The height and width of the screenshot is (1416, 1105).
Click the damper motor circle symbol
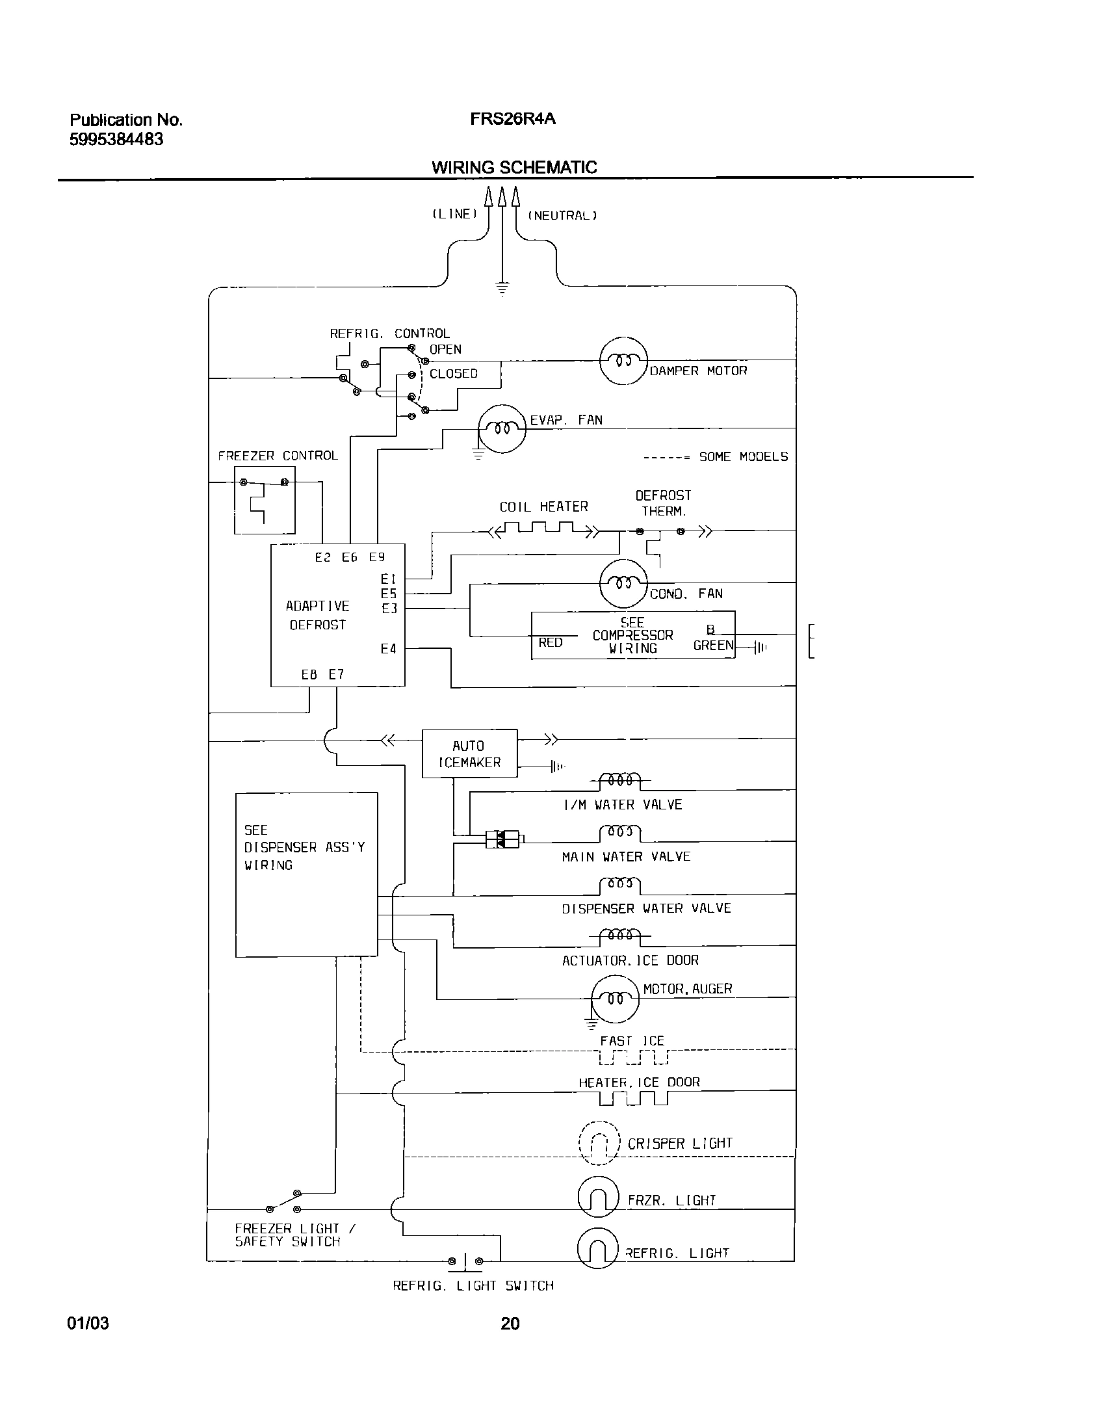[623, 361]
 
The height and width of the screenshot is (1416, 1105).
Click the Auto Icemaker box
[469, 754]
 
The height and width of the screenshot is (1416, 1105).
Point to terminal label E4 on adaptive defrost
[388, 649]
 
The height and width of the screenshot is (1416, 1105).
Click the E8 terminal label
[309, 675]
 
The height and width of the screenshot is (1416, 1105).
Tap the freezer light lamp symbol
[598, 1196]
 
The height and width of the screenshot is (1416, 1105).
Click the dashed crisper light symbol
[598, 1142]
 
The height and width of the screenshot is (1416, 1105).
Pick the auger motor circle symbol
[615, 999]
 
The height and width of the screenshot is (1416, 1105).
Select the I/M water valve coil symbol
[620, 780]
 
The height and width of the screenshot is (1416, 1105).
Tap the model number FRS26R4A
[513, 120]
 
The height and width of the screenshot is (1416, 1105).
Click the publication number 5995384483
[116, 139]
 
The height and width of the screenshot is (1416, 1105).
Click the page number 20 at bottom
[510, 1323]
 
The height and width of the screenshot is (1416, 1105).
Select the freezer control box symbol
[264, 499]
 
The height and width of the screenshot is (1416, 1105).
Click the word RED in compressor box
[550, 642]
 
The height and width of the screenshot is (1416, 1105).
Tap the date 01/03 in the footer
[88, 1323]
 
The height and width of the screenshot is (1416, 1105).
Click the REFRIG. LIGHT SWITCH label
[473, 1286]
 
